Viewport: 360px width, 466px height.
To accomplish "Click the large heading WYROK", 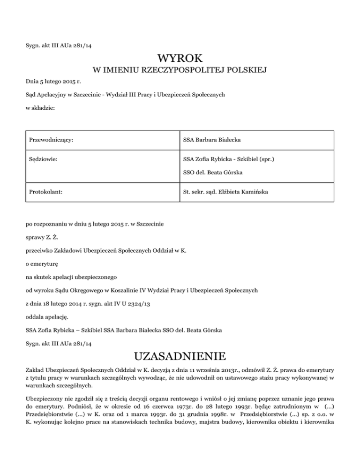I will click(x=180, y=59).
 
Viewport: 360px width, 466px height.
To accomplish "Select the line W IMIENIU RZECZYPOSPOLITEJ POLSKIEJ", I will click(x=180, y=71).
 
